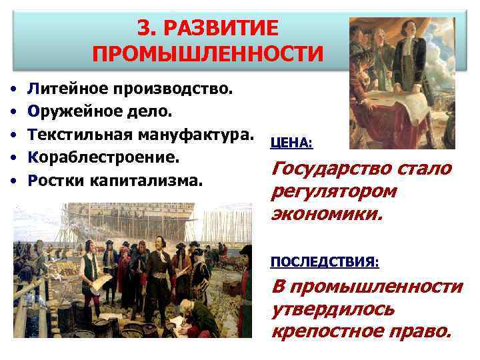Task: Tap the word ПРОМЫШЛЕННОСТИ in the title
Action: (x=208, y=53)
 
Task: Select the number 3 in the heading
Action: (x=144, y=28)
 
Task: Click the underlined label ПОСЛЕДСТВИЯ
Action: (x=324, y=262)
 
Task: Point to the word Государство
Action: (x=327, y=170)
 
